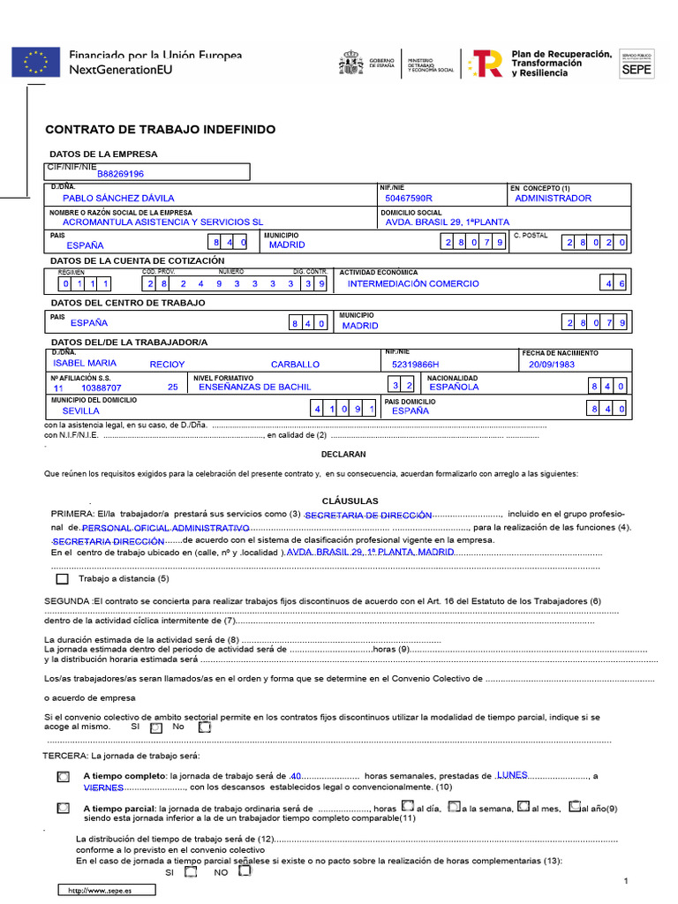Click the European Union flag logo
pos(35,62)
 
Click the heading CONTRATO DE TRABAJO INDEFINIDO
pos(161,130)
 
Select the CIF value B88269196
pos(120,174)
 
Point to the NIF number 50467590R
pos(409,199)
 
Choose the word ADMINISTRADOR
pos(553,199)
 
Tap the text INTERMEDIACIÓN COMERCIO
pos(413,283)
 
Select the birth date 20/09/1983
pos(551,364)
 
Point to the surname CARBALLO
pos(295,364)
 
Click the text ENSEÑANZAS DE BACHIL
pos(255,387)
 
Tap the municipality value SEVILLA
pos(80,411)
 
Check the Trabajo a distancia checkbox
pos(62,580)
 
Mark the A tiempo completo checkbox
pos(62,777)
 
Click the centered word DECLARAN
pos(343,454)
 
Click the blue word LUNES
pos(513,775)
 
